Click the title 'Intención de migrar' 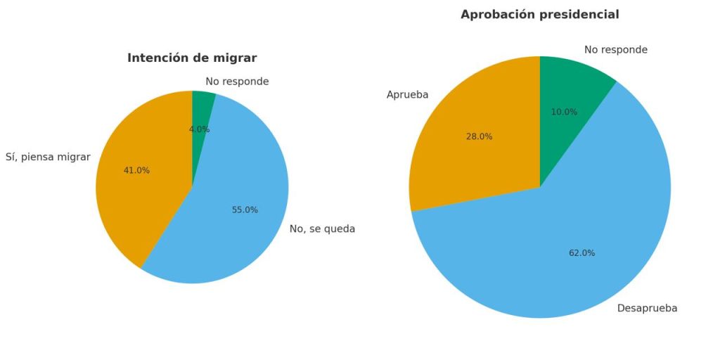[x=192, y=58]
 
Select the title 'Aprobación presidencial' [x=539, y=15]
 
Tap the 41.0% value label [x=136, y=170]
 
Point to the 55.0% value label [x=245, y=210]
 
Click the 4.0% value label [x=199, y=129]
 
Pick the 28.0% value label [x=479, y=136]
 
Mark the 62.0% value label [x=581, y=253]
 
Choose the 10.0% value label [x=564, y=112]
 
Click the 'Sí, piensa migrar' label [x=48, y=157]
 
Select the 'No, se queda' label [x=322, y=229]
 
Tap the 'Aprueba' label [x=407, y=95]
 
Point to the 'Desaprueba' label [x=647, y=309]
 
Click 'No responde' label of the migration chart [x=237, y=82]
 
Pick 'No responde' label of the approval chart [x=615, y=50]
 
